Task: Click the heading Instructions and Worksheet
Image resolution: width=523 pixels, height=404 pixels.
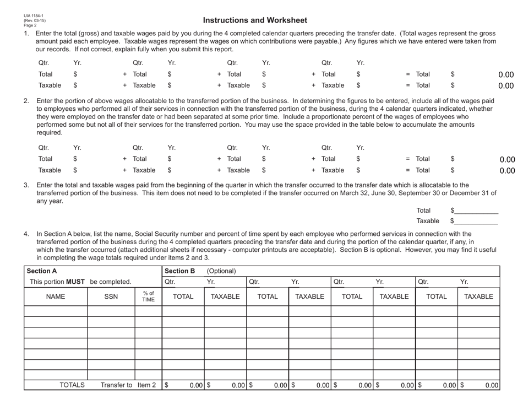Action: pyautogui.click(x=255, y=20)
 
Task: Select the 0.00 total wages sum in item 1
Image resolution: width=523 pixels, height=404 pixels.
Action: pyautogui.click(x=505, y=74)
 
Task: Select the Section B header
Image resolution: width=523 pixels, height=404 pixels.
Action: pyautogui.click(x=180, y=271)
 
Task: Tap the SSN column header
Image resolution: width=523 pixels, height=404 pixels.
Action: pyautogui.click(x=111, y=297)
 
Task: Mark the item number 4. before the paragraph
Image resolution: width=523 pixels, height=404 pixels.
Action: pyautogui.click(x=26, y=234)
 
